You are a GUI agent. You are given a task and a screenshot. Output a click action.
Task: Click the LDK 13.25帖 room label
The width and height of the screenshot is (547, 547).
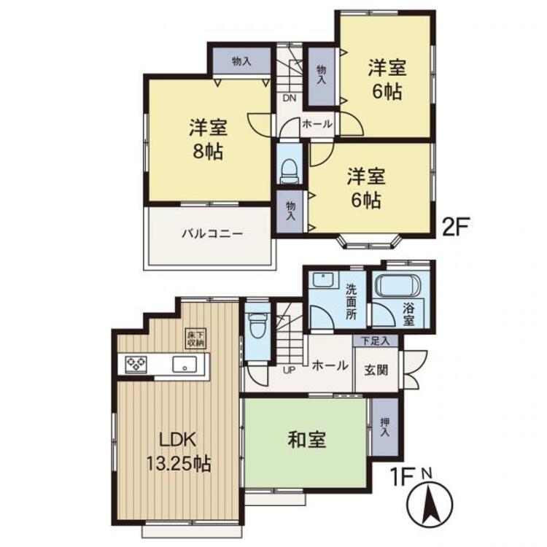coord(179,451)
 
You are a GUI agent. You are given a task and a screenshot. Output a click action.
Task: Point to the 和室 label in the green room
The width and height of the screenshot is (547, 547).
coord(306,440)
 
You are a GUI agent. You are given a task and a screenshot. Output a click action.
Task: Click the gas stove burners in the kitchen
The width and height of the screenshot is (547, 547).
coord(136,364)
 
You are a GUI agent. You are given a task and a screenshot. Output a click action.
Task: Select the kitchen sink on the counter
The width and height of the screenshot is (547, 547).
coord(185,365)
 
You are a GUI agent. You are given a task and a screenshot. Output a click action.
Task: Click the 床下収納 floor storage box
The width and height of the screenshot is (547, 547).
coord(196,338)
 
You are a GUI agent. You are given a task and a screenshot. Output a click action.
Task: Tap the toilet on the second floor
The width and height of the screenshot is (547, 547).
coord(290,171)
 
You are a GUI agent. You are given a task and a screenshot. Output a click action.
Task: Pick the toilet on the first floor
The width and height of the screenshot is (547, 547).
coord(257,325)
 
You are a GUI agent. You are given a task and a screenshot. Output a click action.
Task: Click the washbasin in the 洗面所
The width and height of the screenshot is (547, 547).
coord(322,280)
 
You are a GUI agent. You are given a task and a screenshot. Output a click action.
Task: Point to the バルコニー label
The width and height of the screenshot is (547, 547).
coord(212,233)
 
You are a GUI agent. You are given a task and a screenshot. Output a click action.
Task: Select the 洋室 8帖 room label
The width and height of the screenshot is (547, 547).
coord(209,139)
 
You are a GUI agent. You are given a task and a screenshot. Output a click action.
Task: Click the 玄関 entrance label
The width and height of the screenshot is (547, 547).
coord(376,370)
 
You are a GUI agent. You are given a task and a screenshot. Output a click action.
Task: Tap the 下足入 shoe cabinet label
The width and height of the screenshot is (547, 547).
coord(376,341)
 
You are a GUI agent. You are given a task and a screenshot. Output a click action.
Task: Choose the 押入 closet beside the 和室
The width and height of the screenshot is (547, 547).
coord(385,427)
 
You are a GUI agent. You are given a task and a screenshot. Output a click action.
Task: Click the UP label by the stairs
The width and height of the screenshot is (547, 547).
coord(289,371)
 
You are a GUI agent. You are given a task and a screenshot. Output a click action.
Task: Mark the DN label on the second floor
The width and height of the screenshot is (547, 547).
coord(290,98)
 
